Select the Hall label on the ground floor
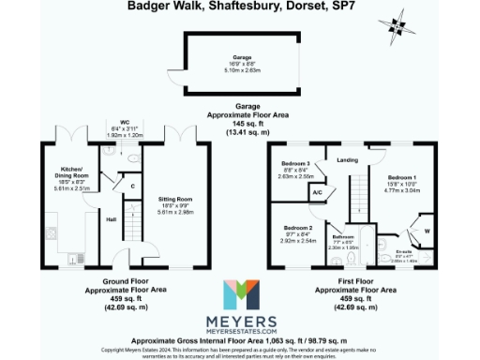[x=112, y=219]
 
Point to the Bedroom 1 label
[x=402, y=177]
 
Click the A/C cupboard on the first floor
[x=318, y=194]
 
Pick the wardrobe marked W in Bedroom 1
[x=427, y=231]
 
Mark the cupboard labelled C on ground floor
[x=134, y=186]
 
